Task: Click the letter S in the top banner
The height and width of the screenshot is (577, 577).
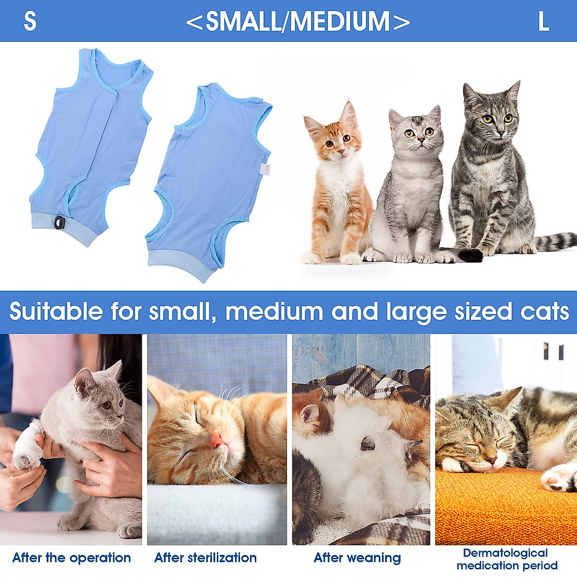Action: click(x=30, y=21)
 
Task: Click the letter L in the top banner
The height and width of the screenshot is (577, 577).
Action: click(x=543, y=21)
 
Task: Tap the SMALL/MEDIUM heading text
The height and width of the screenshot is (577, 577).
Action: click(x=298, y=22)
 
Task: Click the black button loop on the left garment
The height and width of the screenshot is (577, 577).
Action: click(x=60, y=222)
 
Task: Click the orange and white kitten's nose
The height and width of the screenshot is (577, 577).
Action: click(x=340, y=151)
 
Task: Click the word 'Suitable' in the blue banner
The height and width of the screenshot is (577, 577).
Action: click(x=56, y=312)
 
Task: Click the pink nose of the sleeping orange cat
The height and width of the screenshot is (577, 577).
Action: click(x=218, y=439)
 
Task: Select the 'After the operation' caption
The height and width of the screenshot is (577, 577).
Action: click(x=72, y=558)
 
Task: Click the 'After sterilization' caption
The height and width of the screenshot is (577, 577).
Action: click(x=205, y=558)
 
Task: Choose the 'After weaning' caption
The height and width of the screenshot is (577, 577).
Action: click(x=357, y=558)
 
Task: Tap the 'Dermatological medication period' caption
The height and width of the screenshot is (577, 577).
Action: click(x=507, y=559)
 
